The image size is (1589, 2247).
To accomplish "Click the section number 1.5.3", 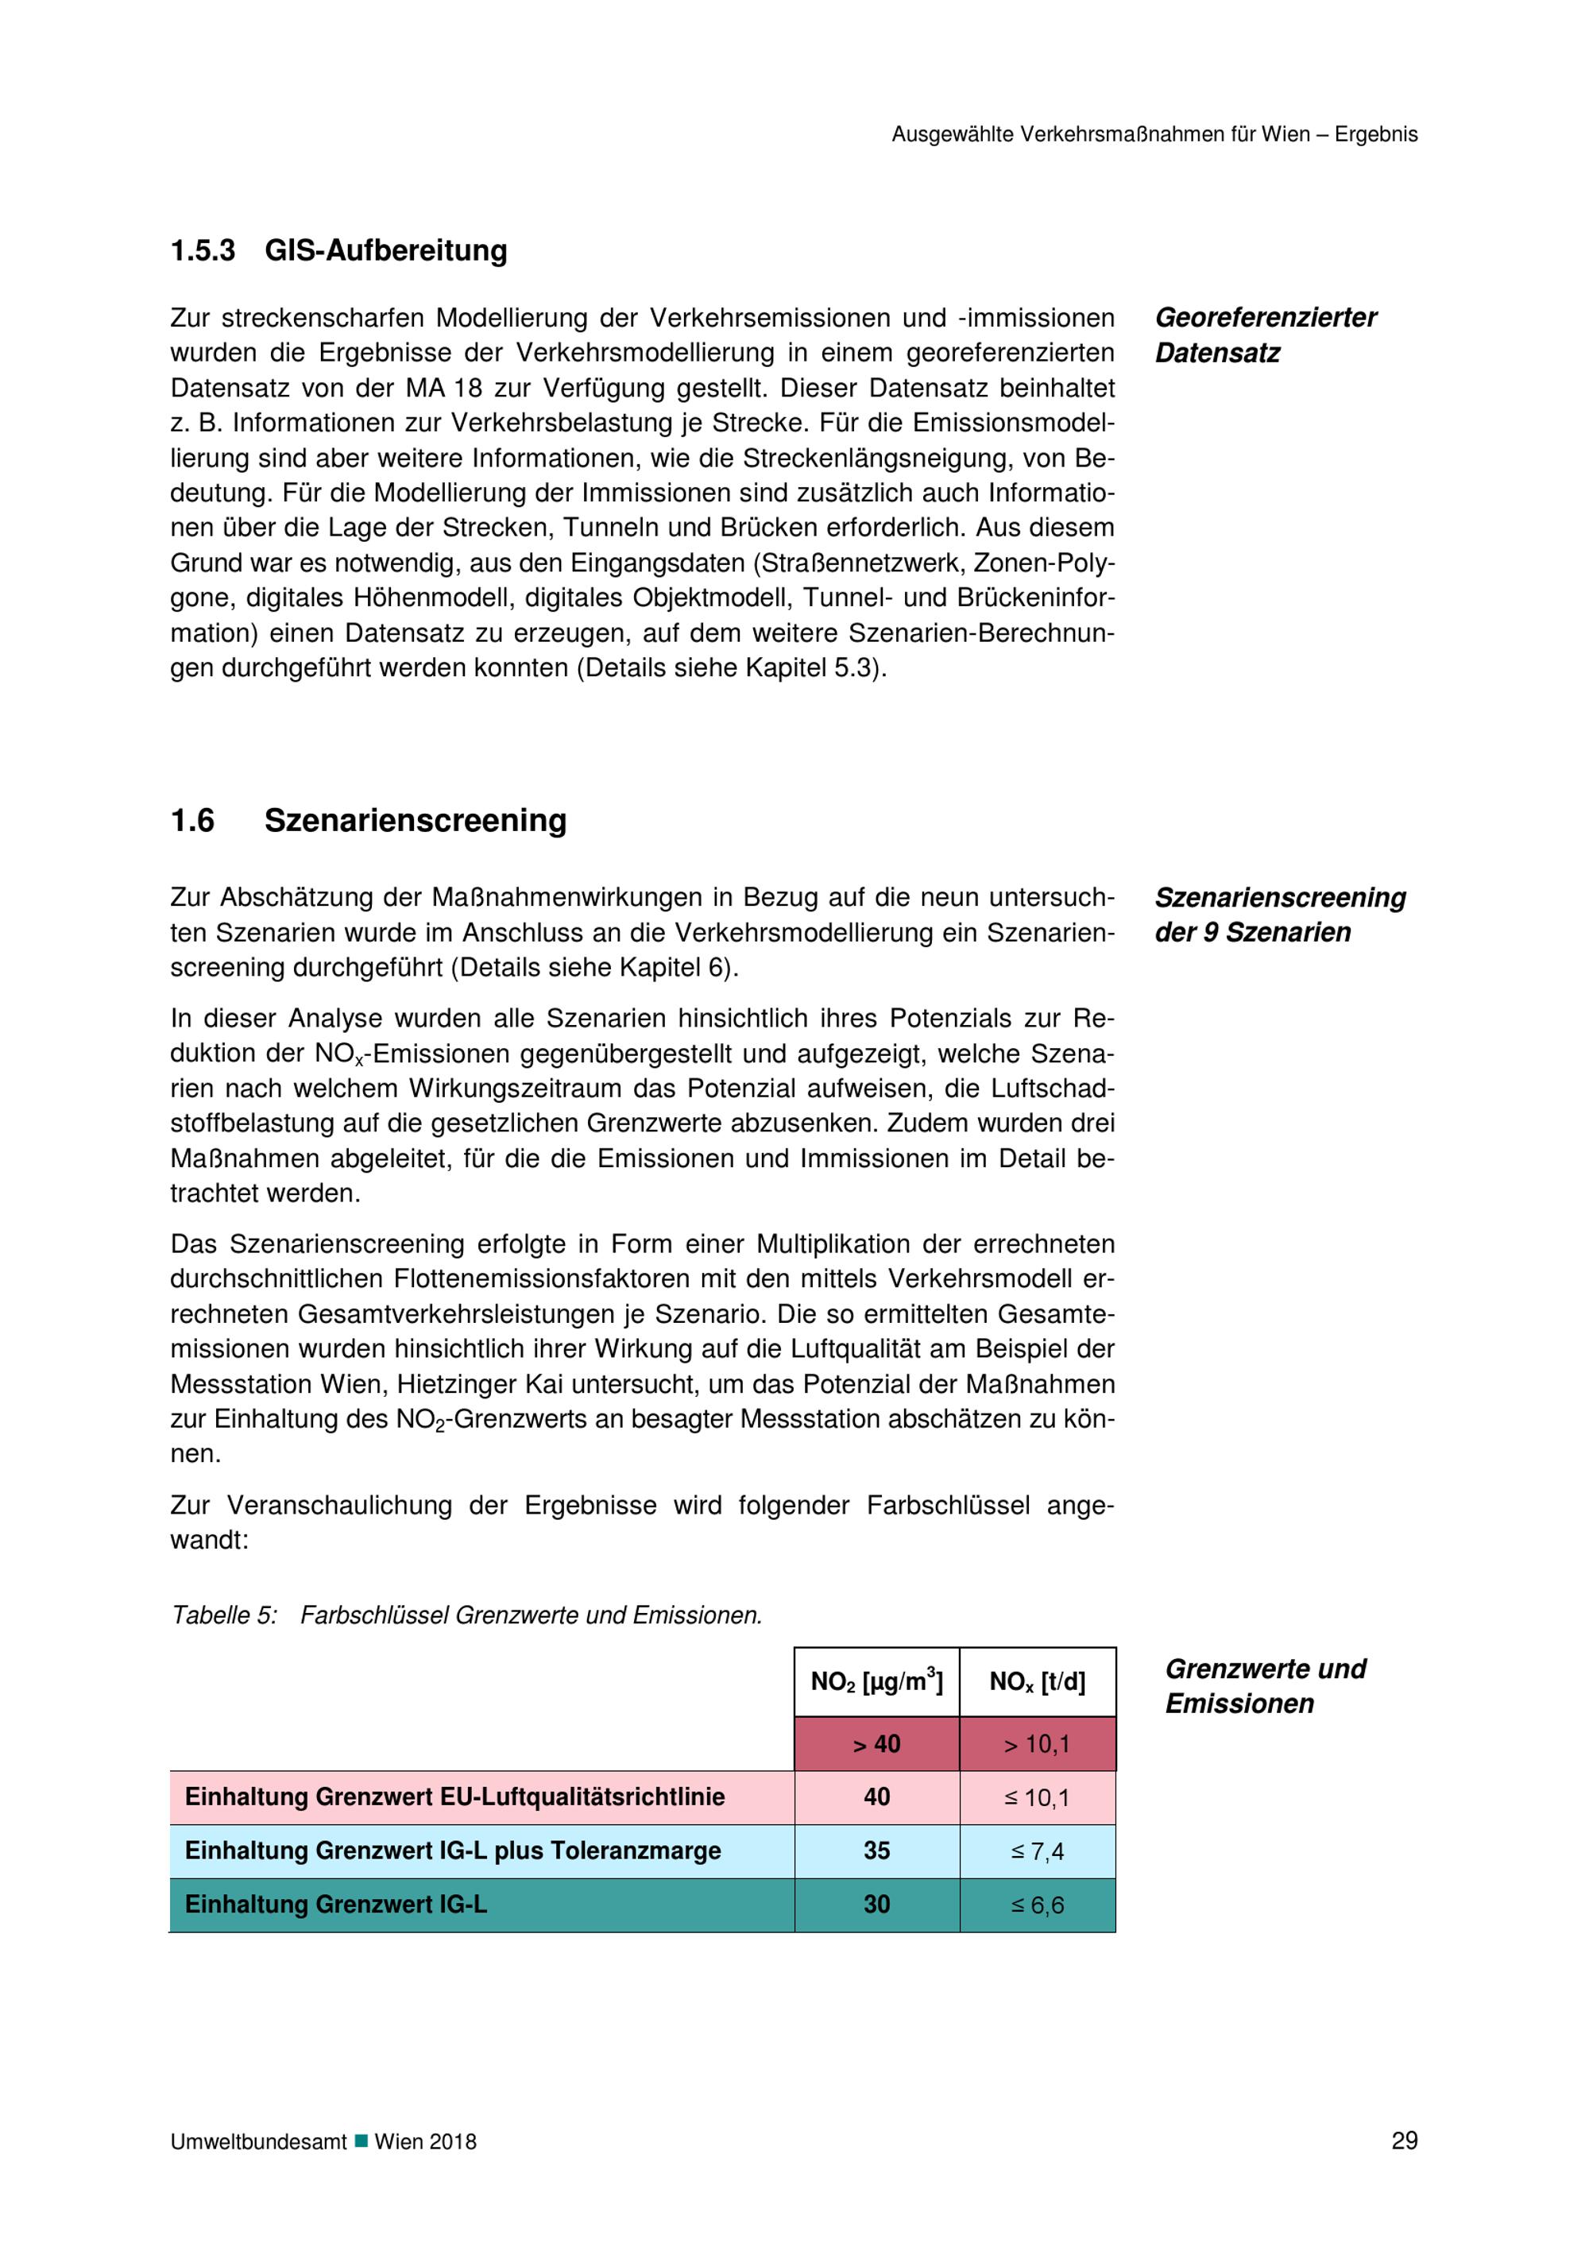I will coord(203,250).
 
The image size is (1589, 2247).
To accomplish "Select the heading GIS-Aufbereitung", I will coord(385,250).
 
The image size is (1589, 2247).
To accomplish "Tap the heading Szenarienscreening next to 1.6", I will coord(415,820).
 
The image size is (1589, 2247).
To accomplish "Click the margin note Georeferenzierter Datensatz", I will coord(1265,335).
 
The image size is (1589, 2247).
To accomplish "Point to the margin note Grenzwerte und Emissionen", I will coord(1264,1685).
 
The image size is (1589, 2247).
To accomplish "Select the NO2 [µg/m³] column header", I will coord(876,1681).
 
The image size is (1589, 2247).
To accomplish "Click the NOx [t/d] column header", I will coord(1037,1681).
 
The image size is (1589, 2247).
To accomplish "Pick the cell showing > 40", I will coord(876,1744).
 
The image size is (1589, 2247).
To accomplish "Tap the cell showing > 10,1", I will coord(1037,1744).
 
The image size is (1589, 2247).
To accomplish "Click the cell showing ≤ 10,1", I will coord(1037,1798).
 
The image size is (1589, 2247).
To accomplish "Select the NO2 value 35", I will coord(876,1851).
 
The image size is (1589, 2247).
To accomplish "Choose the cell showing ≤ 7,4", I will coord(1037,1851).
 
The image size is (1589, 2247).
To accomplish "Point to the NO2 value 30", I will coord(876,1905).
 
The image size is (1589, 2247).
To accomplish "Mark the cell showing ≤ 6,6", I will coord(1037,1905).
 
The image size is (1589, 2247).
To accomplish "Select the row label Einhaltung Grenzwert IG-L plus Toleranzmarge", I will coord(452,1851).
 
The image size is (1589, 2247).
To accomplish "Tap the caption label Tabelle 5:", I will coord(224,1615).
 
